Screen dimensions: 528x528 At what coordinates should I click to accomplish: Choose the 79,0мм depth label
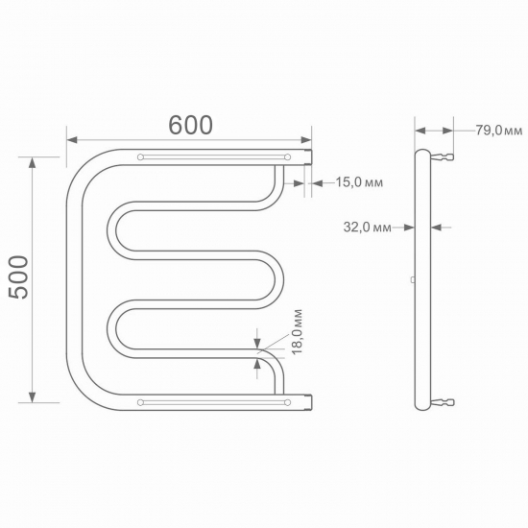pyautogui.click(x=498, y=131)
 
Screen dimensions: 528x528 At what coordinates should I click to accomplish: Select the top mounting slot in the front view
pyautogui.click(x=215, y=156)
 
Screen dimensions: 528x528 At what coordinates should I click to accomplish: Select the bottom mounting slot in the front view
pyautogui.click(x=215, y=402)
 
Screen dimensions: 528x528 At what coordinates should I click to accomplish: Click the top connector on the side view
pyautogui.click(x=443, y=156)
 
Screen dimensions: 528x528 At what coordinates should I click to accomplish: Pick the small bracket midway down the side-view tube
pyautogui.click(x=413, y=279)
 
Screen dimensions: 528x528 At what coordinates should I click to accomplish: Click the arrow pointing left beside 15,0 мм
pyautogui.click(x=318, y=181)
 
